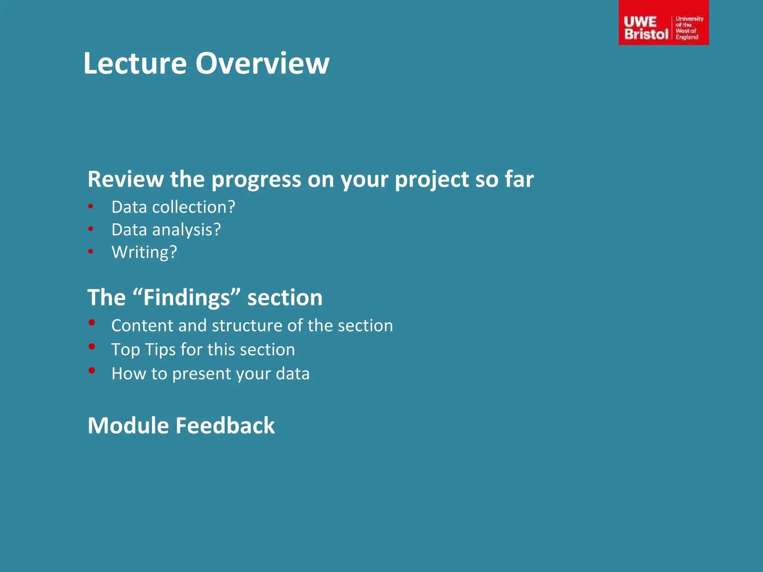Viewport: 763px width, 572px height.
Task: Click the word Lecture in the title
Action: pyautogui.click(x=135, y=63)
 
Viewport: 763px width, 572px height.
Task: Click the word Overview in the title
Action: pyautogui.click(x=262, y=63)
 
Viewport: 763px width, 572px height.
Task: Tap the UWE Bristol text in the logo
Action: pyautogui.click(x=646, y=28)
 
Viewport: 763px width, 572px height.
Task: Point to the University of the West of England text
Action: pyautogui.click(x=689, y=28)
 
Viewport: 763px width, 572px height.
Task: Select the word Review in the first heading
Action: pyautogui.click(x=126, y=179)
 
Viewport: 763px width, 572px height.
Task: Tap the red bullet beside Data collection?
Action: pyautogui.click(x=91, y=206)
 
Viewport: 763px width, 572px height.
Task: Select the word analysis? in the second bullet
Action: pyautogui.click(x=186, y=230)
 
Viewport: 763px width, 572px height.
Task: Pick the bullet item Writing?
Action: pyautogui.click(x=144, y=252)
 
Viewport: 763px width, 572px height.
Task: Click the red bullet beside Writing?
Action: pyautogui.click(x=91, y=251)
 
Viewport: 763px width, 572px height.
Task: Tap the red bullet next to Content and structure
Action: pyautogui.click(x=92, y=322)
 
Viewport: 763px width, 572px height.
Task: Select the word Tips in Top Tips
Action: pyautogui.click(x=160, y=350)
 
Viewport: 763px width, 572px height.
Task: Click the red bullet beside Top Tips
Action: pyautogui.click(x=92, y=346)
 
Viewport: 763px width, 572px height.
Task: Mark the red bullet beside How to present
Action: pyautogui.click(x=92, y=370)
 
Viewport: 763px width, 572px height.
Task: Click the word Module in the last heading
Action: pyautogui.click(x=128, y=426)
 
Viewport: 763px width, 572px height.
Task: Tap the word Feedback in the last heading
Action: pyautogui.click(x=225, y=426)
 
